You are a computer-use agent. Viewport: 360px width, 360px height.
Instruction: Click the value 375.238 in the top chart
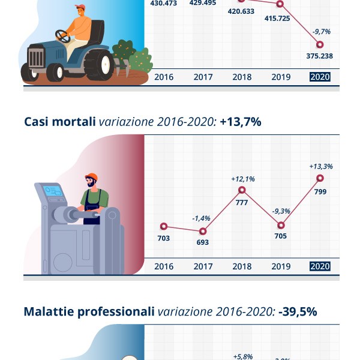pos(319,56)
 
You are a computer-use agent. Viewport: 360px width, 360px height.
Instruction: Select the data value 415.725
pos(280,19)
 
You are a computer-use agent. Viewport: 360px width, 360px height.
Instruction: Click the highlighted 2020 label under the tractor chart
pos(319,77)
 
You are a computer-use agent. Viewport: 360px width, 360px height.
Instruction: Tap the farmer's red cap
pos(79,8)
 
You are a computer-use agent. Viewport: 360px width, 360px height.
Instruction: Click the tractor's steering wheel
pos(62,35)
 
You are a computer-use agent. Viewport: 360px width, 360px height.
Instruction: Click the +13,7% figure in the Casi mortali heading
pos(240,122)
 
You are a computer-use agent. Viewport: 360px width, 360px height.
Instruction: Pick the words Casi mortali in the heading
pos(59,122)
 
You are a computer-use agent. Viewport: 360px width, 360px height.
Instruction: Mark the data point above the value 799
pos(319,178)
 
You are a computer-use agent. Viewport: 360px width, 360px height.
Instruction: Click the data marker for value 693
pos(203,230)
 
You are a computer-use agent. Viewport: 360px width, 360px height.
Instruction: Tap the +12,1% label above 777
pos(243,179)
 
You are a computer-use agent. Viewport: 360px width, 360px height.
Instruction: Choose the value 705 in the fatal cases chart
pos(280,236)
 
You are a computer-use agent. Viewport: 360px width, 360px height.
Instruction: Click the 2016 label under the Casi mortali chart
pos(164,266)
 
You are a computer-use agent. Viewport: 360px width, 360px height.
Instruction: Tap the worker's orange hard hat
pos(91,177)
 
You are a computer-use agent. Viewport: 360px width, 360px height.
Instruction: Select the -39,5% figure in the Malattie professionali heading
pos(298,311)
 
